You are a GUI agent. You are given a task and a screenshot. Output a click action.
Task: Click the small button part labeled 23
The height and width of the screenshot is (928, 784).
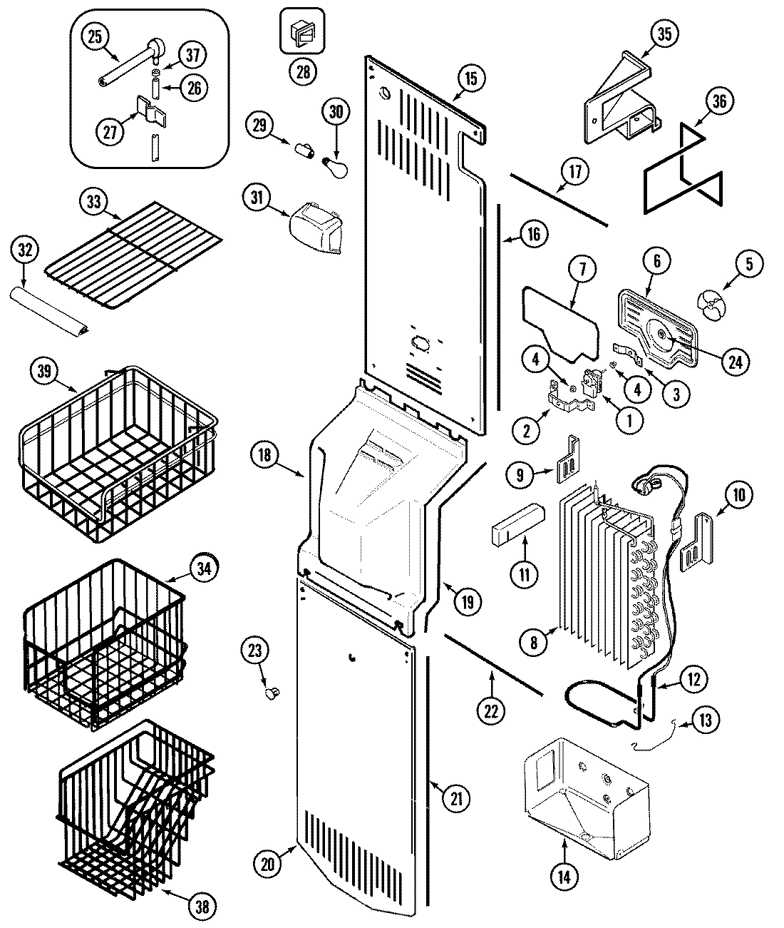[x=272, y=691]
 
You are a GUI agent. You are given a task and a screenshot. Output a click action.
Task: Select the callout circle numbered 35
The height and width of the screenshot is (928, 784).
[x=664, y=34]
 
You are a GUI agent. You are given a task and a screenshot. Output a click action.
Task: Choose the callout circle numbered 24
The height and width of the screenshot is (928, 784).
[x=735, y=361]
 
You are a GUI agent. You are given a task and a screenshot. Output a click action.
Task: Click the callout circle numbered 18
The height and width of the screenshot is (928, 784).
[x=265, y=455]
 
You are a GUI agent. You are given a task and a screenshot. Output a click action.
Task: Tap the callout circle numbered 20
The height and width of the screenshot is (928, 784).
[x=267, y=863]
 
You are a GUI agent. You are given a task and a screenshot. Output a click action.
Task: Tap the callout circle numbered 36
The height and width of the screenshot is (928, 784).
[x=718, y=102]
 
